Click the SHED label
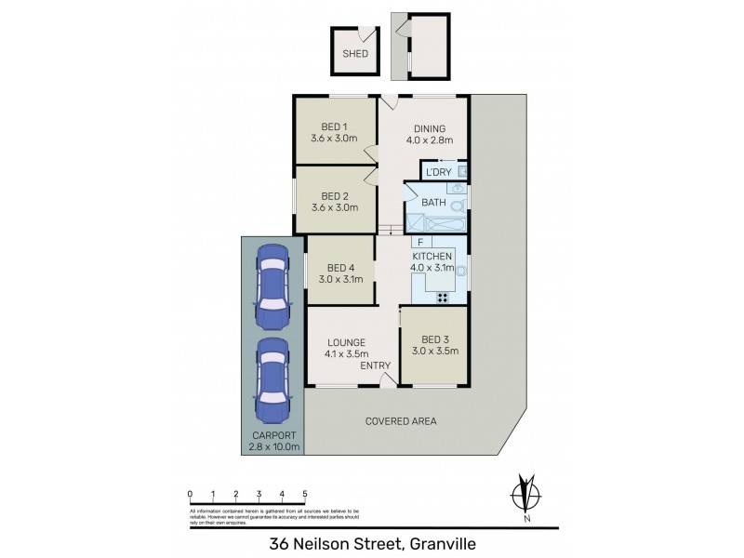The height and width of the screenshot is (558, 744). pos(355,54)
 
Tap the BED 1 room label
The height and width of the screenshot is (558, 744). pos(334,127)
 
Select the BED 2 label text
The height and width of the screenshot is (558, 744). pos(334,196)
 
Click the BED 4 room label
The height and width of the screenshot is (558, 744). pos(339,268)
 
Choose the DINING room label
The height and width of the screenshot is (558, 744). pos(430,129)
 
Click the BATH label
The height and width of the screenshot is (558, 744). pos(434,202)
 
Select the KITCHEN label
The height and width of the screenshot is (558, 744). pos(432,257)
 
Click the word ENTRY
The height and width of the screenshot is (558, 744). pos(375,365)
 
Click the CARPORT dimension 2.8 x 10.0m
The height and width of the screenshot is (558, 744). pos(273,447)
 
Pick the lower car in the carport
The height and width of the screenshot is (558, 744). pos(273,379)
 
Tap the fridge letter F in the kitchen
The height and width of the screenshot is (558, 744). pos(420,243)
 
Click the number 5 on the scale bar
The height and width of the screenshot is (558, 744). pos(305,493)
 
